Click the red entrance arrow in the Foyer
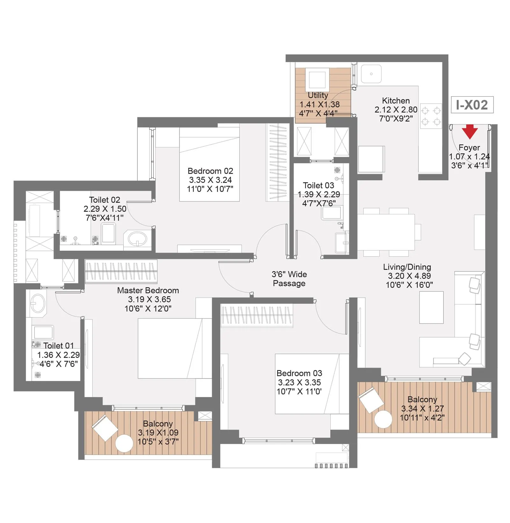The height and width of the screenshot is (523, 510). click(x=470, y=131)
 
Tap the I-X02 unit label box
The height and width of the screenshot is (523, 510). click(x=472, y=105)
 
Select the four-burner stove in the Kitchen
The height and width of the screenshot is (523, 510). click(x=431, y=116)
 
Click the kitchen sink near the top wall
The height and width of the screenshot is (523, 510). click(x=371, y=74)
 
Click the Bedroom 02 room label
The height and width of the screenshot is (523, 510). click(x=210, y=171)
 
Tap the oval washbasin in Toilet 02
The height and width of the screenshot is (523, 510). click(x=137, y=238)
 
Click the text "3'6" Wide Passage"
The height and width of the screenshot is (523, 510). click(x=289, y=279)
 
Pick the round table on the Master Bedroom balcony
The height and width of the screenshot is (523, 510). click(x=124, y=443)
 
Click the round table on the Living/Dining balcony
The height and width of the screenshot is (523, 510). click(x=383, y=419)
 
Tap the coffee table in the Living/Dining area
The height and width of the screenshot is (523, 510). click(x=431, y=307)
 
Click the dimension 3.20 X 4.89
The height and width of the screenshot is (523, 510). click(x=409, y=276)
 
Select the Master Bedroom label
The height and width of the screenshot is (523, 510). click(x=148, y=290)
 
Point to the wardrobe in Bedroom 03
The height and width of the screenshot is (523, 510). click(x=256, y=315)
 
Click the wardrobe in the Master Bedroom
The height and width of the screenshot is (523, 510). click(x=121, y=271)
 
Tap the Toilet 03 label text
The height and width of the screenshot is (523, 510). click(x=318, y=185)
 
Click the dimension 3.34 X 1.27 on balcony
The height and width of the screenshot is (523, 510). click(x=422, y=408)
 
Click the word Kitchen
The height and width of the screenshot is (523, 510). click(x=396, y=101)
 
